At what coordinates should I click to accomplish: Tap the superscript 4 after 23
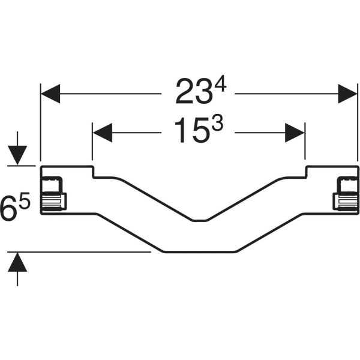tap(221, 85)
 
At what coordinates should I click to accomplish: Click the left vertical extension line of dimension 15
tap(92, 144)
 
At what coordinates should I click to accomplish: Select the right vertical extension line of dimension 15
tap(305, 144)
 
